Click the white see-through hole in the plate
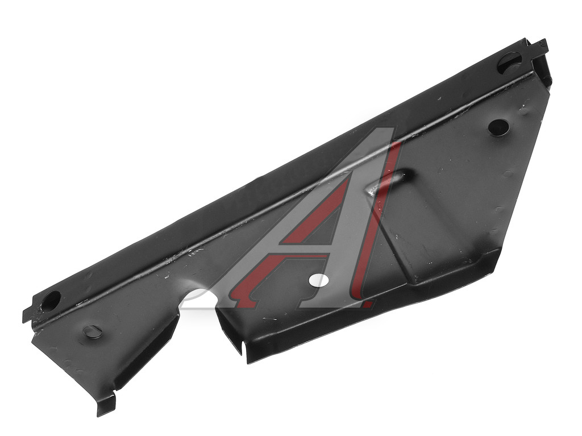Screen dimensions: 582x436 pos(318,280)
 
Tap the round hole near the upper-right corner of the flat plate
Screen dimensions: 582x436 pos(498,127)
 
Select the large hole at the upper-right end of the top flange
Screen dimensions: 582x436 pos(509,63)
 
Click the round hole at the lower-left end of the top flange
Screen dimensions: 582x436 pos(51,301)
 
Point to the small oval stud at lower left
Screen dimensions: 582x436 pos(92,331)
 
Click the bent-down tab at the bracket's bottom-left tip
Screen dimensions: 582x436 pos(105,405)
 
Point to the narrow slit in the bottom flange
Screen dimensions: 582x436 pos(243,348)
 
